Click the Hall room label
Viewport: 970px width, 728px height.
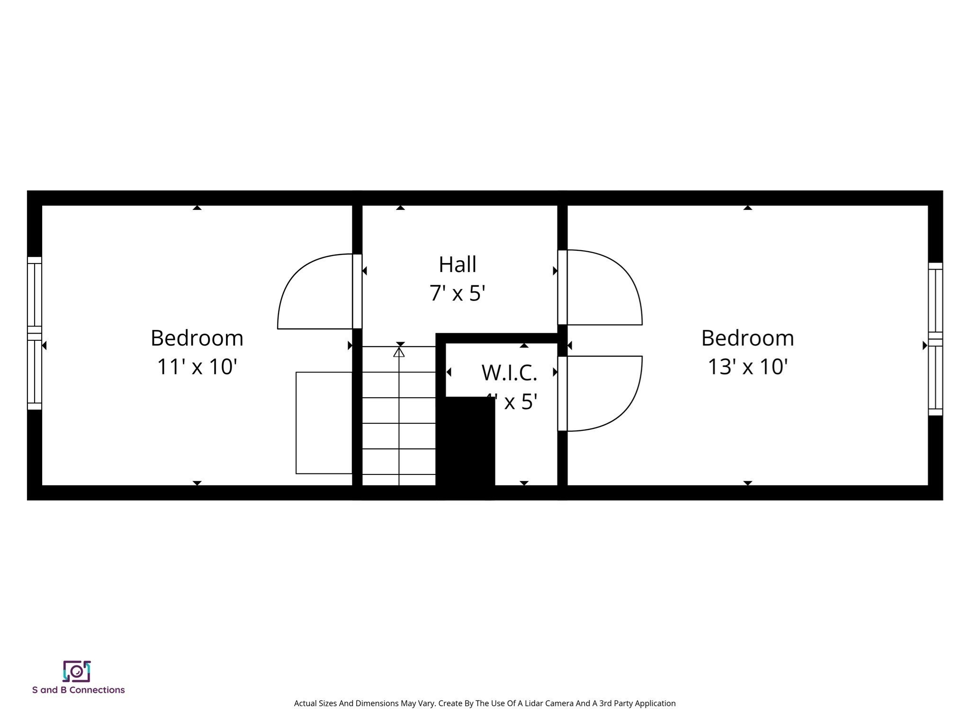pyautogui.click(x=457, y=264)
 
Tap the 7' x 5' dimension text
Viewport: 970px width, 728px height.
pyautogui.click(x=457, y=293)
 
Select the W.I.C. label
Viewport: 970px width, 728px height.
pyautogui.click(x=509, y=373)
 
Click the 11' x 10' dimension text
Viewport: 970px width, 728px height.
pyautogui.click(x=197, y=366)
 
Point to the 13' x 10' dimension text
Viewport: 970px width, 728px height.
pyautogui.click(x=747, y=366)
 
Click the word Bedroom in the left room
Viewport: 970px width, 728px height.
pyautogui.click(x=197, y=338)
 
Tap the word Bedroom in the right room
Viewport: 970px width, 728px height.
pyautogui.click(x=747, y=338)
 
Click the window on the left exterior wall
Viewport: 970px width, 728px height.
pyautogui.click(x=35, y=333)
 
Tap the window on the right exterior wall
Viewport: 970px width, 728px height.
pyautogui.click(x=935, y=339)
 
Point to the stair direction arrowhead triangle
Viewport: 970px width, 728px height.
pyautogui.click(x=399, y=353)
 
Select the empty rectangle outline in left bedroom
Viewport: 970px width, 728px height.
pyautogui.click(x=324, y=423)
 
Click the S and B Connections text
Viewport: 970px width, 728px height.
pyautogui.click(x=78, y=690)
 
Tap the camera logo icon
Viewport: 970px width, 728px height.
pyautogui.click(x=77, y=671)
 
